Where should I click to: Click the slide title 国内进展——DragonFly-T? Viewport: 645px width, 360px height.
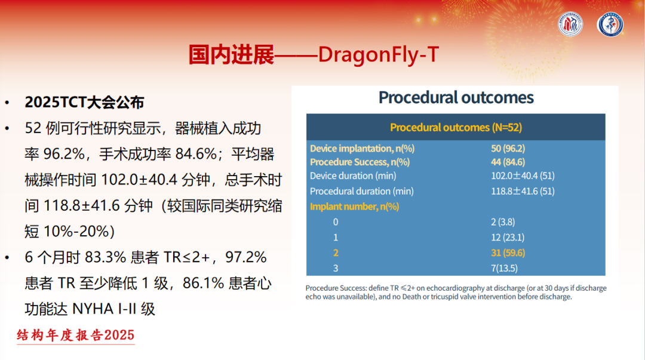pyautogui.click(x=314, y=54)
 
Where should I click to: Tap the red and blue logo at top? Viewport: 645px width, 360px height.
pyautogui.click(x=570, y=24)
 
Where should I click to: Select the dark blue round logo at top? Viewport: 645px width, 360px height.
pyautogui.click(x=610, y=24)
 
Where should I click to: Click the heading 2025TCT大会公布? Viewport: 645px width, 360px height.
pyautogui.click(x=84, y=103)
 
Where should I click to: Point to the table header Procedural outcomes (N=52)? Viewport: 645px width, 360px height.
pyautogui.click(x=456, y=128)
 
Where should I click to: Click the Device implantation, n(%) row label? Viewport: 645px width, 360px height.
pyautogui.click(x=362, y=149)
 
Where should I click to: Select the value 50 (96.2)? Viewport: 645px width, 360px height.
pyautogui.click(x=508, y=149)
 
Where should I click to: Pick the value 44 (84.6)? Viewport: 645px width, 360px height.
pyautogui.click(x=508, y=162)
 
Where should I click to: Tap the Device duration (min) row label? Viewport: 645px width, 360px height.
pyautogui.click(x=353, y=176)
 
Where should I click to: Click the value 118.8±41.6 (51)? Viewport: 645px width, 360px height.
pyautogui.click(x=523, y=191)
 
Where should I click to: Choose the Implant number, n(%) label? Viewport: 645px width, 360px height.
pyautogui.click(x=354, y=207)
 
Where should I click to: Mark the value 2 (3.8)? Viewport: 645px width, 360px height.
pyautogui.click(x=503, y=222)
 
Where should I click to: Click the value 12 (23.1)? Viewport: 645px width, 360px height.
pyautogui.click(x=508, y=238)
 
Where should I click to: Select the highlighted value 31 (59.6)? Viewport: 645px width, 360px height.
pyautogui.click(x=508, y=253)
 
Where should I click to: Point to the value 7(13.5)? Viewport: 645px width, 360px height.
pyautogui.click(x=504, y=268)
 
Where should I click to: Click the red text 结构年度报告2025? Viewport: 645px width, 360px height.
pyautogui.click(x=76, y=336)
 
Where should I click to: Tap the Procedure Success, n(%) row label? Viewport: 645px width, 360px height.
pyautogui.click(x=360, y=162)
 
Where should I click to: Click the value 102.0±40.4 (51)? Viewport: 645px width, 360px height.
pyautogui.click(x=523, y=176)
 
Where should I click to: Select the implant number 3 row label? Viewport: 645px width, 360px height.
pyautogui.click(x=336, y=268)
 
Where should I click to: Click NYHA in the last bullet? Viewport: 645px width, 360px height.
pyautogui.click(x=93, y=309)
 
